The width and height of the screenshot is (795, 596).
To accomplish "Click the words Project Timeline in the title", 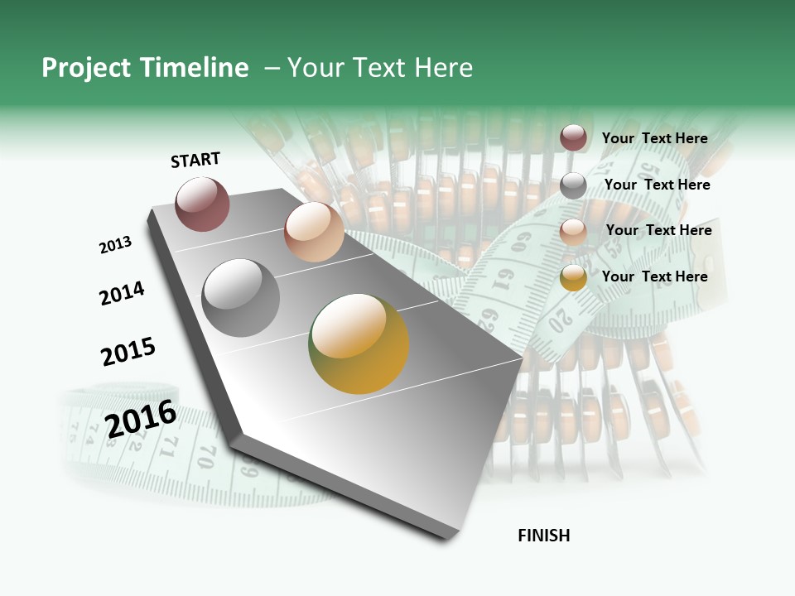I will [x=145, y=68].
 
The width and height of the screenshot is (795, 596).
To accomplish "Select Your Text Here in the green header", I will [x=380, y=68].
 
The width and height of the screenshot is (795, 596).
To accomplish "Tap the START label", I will [x=195, y=160].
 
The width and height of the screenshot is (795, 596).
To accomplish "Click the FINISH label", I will [x=544, y=536].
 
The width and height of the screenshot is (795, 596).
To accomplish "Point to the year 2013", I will [x=115, y=245].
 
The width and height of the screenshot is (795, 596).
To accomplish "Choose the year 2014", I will [x=122, y=293].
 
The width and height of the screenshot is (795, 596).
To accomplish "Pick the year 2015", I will [x=128, y=352].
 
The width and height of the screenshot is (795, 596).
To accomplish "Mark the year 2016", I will [x=141, y=419].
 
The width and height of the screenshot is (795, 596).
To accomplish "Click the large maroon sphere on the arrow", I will [x=203, y=204].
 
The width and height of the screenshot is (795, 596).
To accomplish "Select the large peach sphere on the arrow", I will [x=314, y=232].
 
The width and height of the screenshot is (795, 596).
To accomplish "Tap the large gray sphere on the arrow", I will [x=241, y=298].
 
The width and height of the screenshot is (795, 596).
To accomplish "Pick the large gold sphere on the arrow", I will [x=359, y=344].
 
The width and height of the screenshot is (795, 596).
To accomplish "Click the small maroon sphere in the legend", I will [x=573, y=137].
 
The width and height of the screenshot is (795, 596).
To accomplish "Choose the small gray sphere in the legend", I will [x=573, y=185].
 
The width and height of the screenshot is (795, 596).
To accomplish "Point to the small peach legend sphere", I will [x=573, y=232].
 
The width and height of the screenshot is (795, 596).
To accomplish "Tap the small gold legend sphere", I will [x=573, y=277].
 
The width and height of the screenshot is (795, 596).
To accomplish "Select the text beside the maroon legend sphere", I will [x=654, y=138].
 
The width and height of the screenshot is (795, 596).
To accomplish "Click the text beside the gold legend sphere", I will [x=654, y=276].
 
